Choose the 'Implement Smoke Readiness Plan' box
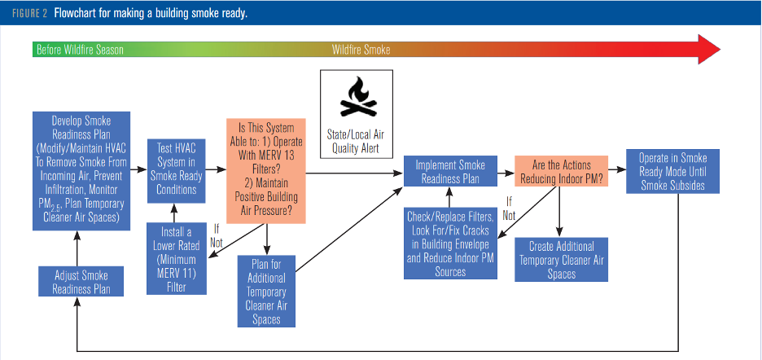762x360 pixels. pyautogui.click(x=448, y=172)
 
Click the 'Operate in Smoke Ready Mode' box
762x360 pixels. pyautogui.click(x=671, y=172)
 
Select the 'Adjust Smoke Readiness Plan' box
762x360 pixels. pyautogui.click(x=80, y=281)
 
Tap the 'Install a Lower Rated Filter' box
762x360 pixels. pyautogui.click(x=176, y=258)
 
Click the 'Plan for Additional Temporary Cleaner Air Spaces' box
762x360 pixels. pyautogui.click(x=267, y=291)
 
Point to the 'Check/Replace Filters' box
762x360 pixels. pyautogui.click(x=449, y=244)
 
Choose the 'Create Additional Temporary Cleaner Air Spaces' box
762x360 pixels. pyautogui.click(x=562, y=259)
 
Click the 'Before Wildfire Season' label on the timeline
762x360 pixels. pyautogui.click(x=80, y=50)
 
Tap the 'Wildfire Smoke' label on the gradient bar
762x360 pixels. pyautogui.click(x=361, y=50)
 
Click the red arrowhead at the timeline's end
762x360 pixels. pyautogui.click(x=708, y=50)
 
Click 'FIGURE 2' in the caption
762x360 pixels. pyautogui.click(x=33, y=14)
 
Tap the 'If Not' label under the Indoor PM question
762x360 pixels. pyautogui.click(x=509, y=209)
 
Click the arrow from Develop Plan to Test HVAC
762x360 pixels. pyautogui.click(x=136, y=169)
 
